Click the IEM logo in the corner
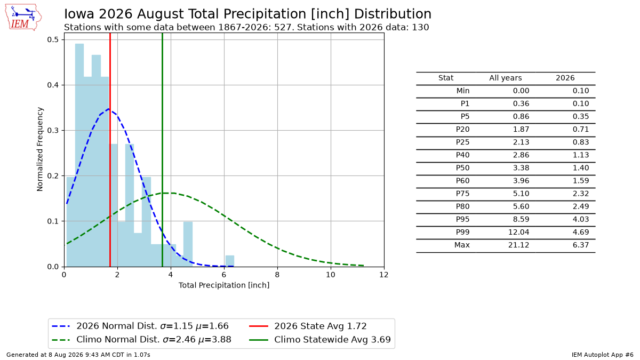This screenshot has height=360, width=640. [23, 17]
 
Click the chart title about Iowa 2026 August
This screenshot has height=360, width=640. [247, 14]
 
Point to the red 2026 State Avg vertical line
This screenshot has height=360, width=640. [110, 150]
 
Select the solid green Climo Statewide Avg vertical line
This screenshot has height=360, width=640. [162, 150]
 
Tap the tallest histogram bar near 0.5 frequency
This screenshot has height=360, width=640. [79, 155]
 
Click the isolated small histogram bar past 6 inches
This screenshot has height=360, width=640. [230, 261]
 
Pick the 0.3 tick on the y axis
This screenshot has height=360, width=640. [53, 130]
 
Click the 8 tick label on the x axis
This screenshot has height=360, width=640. [277, 275]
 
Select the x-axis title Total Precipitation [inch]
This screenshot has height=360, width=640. [224, 285]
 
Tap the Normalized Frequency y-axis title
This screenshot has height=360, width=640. [39, 149]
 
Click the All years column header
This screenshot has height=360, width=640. [506, 78]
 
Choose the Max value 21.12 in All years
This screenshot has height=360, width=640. [518, 245]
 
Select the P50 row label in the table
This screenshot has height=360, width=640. [462, 168]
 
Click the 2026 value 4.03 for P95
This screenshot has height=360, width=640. [581, 219]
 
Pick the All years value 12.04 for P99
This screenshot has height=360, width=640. [518, 233]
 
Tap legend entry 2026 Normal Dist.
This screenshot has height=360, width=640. [140, 326]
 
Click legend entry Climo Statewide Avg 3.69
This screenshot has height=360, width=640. [320, 340]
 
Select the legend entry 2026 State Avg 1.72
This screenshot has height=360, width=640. [308, 326]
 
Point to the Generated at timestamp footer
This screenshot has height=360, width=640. [78, 355]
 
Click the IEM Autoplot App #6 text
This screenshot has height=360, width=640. [603, 355]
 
